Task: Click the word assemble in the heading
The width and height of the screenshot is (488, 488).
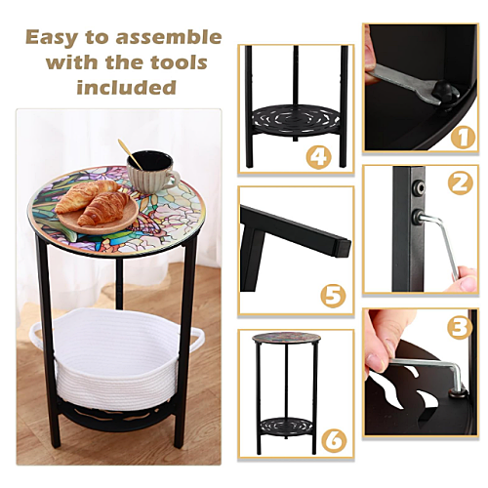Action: click(x=169, y=37)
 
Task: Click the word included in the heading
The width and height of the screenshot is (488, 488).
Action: click(x=126, y=87)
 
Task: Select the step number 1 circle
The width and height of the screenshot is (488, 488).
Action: click(x=464, y=137)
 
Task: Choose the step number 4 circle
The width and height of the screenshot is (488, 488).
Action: click(x=319, y=157)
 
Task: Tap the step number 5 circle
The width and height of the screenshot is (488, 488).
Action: click(x=334, y=296)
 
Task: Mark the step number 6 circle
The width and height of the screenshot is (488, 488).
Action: click(x=334, y=439)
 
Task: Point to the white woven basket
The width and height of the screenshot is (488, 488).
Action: click(x=116, y=358)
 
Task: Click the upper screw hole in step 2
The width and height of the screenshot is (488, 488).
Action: click(x=419, y=186)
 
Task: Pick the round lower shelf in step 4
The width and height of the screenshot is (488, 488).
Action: click(x=296, y=119)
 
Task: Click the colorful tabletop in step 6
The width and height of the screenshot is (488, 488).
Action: click(x=286, y=340)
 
